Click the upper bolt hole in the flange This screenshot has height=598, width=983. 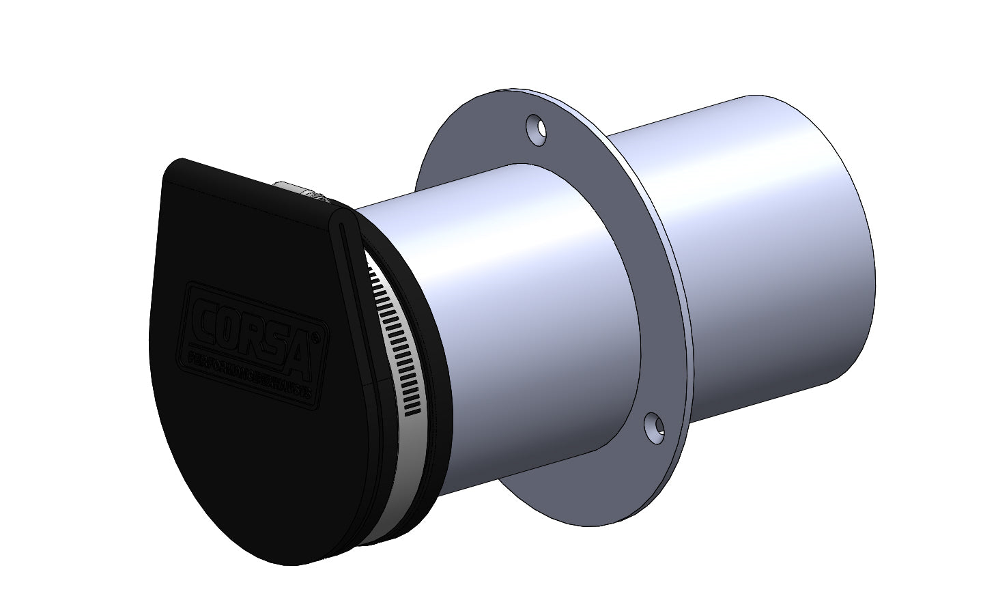click(537, 130)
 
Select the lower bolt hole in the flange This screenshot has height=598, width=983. click(654, 425)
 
